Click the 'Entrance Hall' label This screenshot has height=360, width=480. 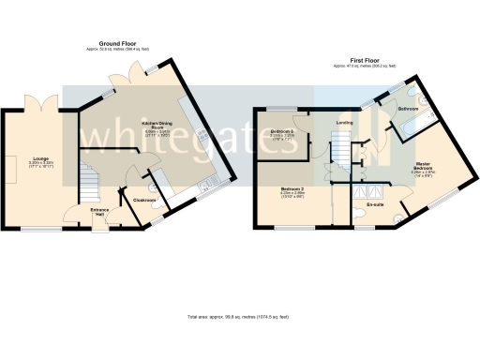[100, 211]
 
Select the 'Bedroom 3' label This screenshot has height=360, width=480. [282, 131]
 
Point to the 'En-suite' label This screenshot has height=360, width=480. [377, 202]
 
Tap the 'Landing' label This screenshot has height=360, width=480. [346, 120]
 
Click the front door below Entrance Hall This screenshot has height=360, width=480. [99, 227]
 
